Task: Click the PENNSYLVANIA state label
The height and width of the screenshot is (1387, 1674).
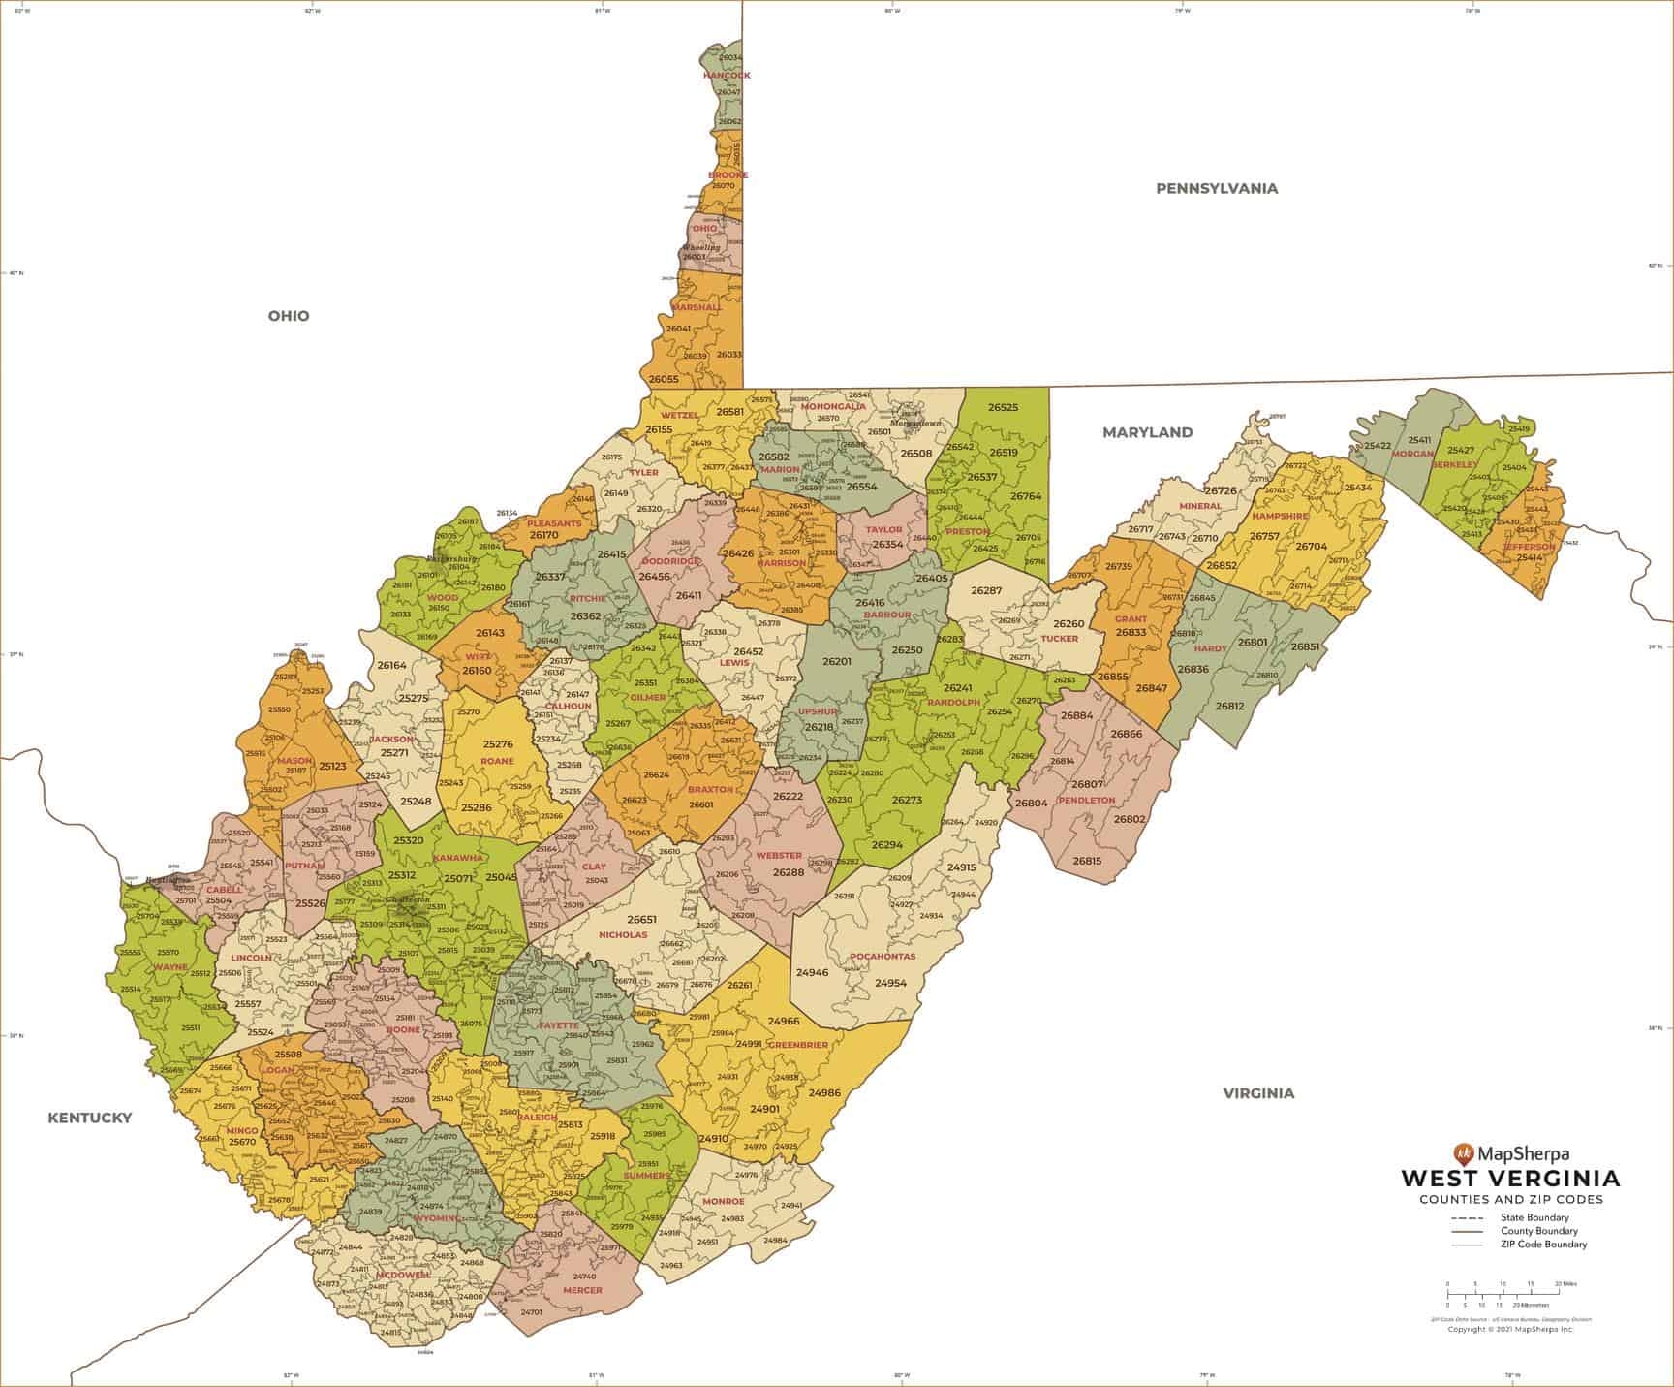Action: pos(1217,189)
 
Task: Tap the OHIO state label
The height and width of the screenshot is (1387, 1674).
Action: pos(289,316)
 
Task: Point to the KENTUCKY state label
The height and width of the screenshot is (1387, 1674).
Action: pos(90,1118)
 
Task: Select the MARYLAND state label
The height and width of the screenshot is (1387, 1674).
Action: pos(1147,432)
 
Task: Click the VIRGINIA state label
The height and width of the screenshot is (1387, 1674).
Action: pos(1257,1093)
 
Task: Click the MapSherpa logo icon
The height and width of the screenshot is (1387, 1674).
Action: pos(1462,1153)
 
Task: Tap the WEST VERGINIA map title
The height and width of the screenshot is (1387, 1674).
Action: pos(1510,1179)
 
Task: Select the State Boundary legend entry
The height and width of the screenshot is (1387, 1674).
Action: pos(1534,1217)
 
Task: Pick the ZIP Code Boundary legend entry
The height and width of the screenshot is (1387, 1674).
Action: pos(1543,1245)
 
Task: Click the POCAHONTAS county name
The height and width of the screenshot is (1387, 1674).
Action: pos(883,957)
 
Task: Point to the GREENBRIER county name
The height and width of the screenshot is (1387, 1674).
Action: pos(797,1045)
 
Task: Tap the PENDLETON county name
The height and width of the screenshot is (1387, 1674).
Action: pos(1086,801)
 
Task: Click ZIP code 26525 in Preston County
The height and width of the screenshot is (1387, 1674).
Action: pos(1003,408)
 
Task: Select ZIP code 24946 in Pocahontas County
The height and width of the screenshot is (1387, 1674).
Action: pos(812,971)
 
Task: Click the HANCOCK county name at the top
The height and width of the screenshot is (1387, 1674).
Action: pos(727,75)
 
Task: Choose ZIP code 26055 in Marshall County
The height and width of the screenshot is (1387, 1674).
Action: pos(664,380)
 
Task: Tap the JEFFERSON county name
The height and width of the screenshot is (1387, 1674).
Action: pos(1528,547)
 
